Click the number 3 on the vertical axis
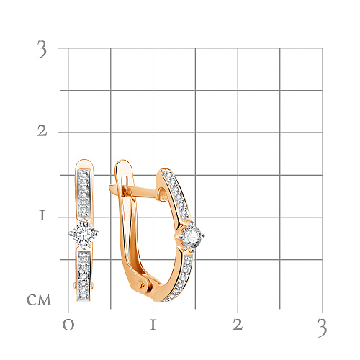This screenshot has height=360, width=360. pos(42,49)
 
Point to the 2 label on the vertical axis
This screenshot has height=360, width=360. pos(42,131)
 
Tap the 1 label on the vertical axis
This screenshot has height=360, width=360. pos(42,215)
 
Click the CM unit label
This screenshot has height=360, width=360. pos(39,300)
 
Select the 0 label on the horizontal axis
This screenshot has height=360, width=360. pos(68,325)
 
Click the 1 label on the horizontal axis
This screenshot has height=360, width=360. pos(153,325)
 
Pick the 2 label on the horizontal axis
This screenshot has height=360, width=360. pos(238,325)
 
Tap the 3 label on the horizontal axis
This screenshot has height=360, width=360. pos(322,328)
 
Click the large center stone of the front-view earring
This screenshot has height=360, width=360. pos(84,233)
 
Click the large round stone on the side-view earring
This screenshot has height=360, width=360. pos(192,236)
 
